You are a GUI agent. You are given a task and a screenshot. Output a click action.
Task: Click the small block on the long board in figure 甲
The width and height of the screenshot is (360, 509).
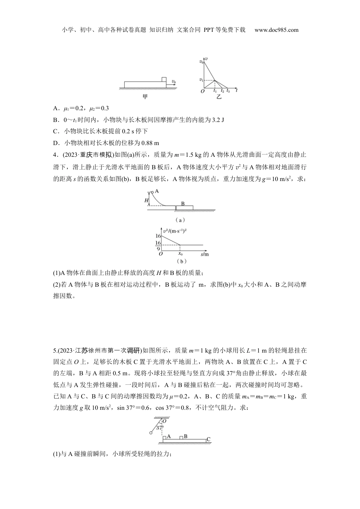click(164, 79)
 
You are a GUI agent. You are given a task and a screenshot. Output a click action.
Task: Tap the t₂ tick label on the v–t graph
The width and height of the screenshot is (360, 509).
click(222, 91)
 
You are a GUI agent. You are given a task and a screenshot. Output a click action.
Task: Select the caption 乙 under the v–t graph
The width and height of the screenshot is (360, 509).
click(218, 97)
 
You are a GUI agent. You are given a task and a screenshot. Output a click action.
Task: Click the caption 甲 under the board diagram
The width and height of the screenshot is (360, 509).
click(145, 97)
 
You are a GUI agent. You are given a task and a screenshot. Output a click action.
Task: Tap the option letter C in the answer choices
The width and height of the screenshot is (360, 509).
click(55, 131)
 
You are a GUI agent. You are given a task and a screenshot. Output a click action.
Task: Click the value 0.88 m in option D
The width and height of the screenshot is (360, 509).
click(150, 143)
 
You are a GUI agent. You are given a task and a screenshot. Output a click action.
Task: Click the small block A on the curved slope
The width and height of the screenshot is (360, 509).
click(152, 193)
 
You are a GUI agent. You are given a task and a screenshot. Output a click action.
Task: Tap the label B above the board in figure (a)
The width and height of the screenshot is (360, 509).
click(183, 204)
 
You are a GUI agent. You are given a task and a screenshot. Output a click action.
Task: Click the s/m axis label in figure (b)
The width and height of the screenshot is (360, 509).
click(205, 254)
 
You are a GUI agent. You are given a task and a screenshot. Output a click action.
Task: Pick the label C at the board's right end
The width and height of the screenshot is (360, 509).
click(208, 440)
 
